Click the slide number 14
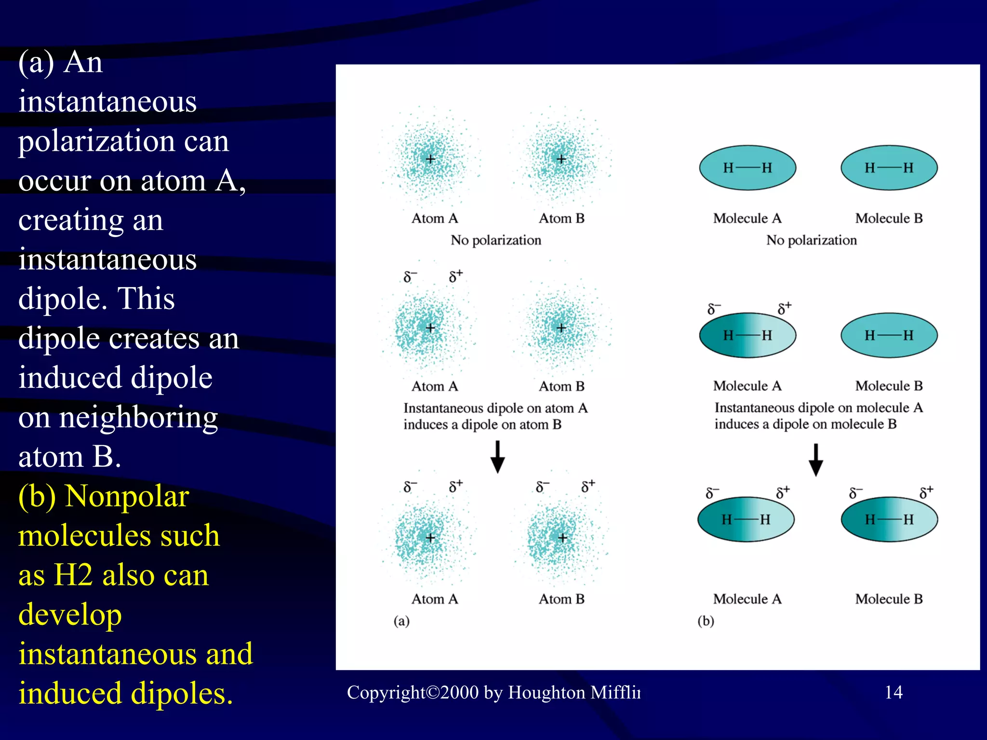pos(894,692)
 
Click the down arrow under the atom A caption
pos(497,457)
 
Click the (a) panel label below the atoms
pos(401,621)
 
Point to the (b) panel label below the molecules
pos(706,621)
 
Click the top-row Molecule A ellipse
pos(747,168)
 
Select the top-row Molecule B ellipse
pos(889,168)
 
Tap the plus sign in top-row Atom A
pos(430,159)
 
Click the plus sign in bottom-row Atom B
pos(562,538)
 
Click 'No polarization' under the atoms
pos(496,240)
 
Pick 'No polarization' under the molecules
pos(812,240)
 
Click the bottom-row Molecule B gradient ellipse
pos(889,519)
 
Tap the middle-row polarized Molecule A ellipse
pos(747,335)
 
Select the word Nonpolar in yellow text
pos(127,496)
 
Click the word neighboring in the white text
pos(138,418)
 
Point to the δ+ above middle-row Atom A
pos(455,276)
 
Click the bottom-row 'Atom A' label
pos(434,599)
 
